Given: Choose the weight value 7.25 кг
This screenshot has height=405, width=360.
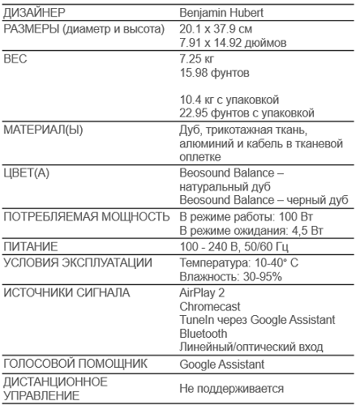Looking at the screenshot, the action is pos(196,60).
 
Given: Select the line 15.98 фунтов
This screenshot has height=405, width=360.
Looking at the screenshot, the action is pos(214,74).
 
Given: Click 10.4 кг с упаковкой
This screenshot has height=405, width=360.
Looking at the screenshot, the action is pos(229,99).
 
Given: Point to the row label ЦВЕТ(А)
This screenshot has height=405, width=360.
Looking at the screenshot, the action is pos(27,173).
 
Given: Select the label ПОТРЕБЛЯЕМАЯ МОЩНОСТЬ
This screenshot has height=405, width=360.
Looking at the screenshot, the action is pos(87,217).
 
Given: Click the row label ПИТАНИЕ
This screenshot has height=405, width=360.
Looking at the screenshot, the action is pos(31,246).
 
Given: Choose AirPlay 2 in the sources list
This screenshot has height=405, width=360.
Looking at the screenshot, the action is pos(202,292).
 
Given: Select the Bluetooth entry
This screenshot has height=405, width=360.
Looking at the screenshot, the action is pos(204,334).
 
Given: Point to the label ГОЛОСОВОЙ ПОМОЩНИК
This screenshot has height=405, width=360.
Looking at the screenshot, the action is pos(75,364).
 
